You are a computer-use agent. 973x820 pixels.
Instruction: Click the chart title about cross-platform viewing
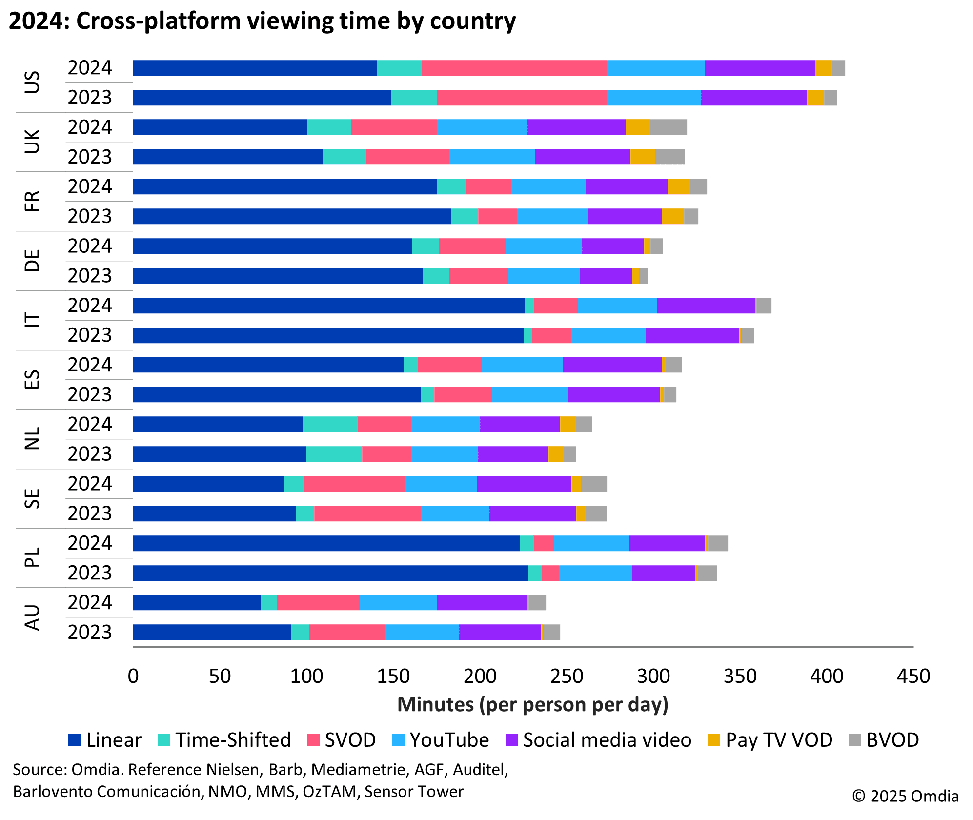(262, 21)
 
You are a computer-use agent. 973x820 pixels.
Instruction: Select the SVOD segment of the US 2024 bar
(514, 68)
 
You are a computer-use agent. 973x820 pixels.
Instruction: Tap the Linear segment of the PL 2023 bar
(330, 573)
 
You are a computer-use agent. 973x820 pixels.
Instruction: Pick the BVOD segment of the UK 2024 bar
(668, 127)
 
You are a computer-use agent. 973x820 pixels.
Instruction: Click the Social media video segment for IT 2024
(705, 306)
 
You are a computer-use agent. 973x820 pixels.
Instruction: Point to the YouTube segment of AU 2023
(422, 632)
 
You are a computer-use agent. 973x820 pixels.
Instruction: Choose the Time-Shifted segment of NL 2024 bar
(330, 424)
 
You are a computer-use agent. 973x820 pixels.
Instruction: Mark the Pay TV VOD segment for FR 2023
(672, 216)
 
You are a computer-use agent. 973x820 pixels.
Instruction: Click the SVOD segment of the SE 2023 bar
(367, 513)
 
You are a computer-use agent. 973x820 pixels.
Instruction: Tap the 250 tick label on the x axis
(567, 676)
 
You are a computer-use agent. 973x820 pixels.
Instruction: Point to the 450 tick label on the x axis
(913, 676)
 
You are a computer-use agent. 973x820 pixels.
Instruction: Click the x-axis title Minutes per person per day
(532, 705)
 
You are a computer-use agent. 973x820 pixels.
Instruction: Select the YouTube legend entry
(440, 740)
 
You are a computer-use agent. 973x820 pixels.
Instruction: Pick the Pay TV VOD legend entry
(770, 740)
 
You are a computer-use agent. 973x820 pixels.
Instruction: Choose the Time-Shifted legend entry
(224, 740)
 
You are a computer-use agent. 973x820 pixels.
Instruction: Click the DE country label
(32, 261)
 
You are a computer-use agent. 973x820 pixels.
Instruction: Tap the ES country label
(32, 379)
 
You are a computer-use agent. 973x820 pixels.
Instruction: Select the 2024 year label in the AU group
(90, 602)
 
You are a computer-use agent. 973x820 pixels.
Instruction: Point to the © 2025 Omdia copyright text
(905, 796)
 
